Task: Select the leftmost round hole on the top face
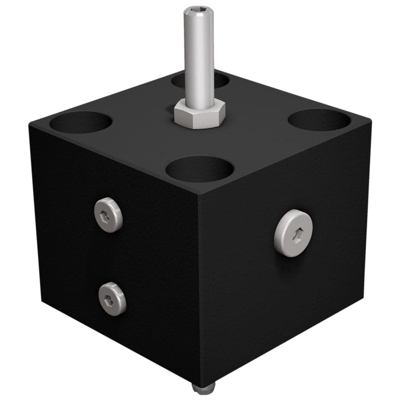tap(81, 122)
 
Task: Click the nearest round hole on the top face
tap(200, 169)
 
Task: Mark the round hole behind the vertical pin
tap(200, 80)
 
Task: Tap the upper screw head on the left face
tap(109, 215)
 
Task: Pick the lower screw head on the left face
tap(112, 299)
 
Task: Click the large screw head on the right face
tap(294, 233)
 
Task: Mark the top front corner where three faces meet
tap(200, 193)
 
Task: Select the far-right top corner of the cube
tap(370, 121)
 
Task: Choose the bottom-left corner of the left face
tap(41, 301)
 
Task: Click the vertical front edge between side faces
tap(200, 289)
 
